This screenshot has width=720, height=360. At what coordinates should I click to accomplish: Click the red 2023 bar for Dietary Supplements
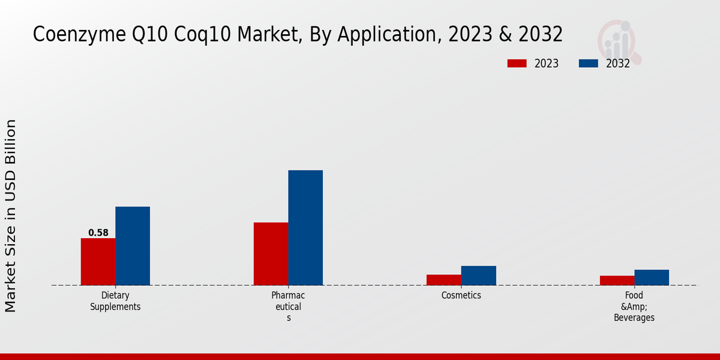coord(98,262)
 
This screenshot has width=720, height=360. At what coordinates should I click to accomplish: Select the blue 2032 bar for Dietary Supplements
coord(133,246)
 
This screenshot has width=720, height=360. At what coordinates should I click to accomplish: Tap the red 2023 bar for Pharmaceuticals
coord(271,254)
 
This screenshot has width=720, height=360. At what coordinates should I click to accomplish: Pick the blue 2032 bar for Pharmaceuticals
coord(305,228)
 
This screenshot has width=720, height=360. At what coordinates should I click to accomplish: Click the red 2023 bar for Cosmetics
coord(444,280)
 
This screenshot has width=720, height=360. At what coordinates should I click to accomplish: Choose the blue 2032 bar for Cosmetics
coord(479,275)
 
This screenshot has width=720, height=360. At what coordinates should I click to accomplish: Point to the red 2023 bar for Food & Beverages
coord(617,280)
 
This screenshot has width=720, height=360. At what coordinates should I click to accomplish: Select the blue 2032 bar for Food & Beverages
coord(652,277)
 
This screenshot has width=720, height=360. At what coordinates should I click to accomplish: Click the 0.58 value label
coord(98,233)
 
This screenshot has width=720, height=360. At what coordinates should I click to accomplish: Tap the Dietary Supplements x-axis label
coord(115,301)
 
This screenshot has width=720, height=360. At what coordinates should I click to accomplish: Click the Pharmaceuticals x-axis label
coord(288,307)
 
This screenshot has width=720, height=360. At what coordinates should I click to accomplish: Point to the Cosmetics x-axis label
coord(461,295)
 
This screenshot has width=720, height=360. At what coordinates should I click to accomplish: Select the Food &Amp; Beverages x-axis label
coord(634,307)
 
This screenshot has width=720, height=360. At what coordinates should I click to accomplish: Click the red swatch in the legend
coord(517,64)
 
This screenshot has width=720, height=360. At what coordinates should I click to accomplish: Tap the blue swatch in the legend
coord(589,64)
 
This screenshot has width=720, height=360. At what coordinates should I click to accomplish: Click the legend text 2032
coord(618,64)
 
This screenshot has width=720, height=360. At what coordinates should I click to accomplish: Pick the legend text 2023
coord(547,64)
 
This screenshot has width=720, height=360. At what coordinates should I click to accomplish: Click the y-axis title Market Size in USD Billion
coord(11,215)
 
